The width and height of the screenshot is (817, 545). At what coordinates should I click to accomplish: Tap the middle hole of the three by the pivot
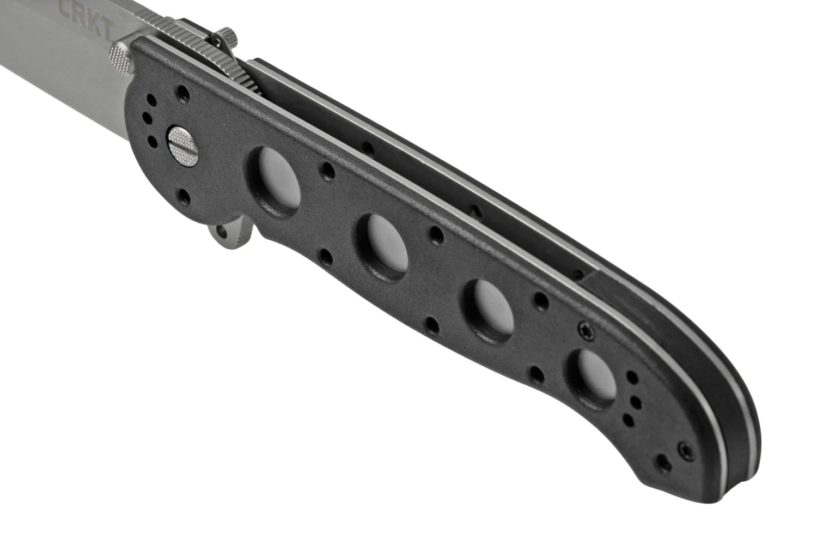[x=146, y=116]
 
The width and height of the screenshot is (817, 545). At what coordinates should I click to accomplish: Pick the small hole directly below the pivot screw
[x=182, y=195]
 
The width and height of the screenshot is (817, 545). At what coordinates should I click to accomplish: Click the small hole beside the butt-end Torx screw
[x=662, y=464]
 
